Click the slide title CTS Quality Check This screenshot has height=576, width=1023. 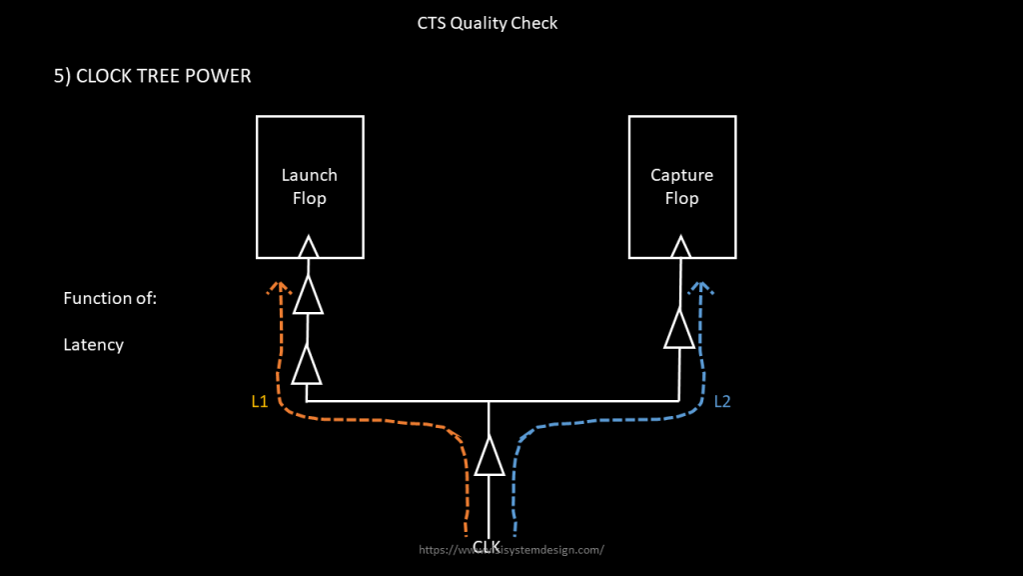click(x=488, y=23)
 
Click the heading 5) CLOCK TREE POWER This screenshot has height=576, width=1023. click(x=152, y=76)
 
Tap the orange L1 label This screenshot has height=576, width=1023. click(x=260, y=402)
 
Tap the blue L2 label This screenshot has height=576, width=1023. click(x=723, y=402)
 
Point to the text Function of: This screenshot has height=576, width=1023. click(x=110, y=298)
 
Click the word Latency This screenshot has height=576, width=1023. click(x=94, y=345)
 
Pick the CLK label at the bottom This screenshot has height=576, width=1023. click(x=487, y=546)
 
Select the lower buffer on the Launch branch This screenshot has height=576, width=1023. click(x=307, y=365)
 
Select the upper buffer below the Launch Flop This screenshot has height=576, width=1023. click(x=308, y=295)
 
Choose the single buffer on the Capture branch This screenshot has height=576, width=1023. click(x=679, y=329)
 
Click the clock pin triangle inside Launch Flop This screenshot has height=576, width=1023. click(x=309, y=246)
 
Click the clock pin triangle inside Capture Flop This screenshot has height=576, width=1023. click(x=680, y=246)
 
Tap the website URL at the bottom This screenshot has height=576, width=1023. click(x=511, y=550)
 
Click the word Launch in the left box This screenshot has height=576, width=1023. click(x=309, y=175)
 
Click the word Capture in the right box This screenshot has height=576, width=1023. click(x=681, y=175)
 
